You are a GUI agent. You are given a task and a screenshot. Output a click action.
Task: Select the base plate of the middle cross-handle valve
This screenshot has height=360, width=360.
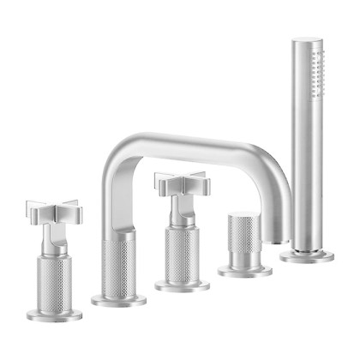click(182, 284)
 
